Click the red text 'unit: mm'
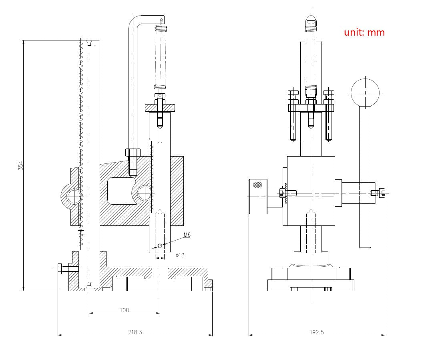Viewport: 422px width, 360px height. click(x=364, y=32)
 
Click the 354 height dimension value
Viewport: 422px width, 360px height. click(x=21, y=165)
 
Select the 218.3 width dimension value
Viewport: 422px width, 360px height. click(x=135, y=332)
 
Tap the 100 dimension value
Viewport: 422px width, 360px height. click(x=124, y=310)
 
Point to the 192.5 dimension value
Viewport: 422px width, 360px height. click(x=316, y=332)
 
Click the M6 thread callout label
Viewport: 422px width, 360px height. click(x=187, y=235)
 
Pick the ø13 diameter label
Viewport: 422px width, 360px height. click(x=180, y=255)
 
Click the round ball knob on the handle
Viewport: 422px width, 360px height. click(x=365, y=93)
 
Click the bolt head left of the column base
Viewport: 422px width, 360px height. click(x=60, y=269)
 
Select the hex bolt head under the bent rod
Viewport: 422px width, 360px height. click(x=133, y=153)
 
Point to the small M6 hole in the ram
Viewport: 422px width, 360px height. click(x=160, y=246)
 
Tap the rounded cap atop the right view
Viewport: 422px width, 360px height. click(x=311, y=20)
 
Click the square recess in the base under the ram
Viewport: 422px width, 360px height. click(x=160, y=274)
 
